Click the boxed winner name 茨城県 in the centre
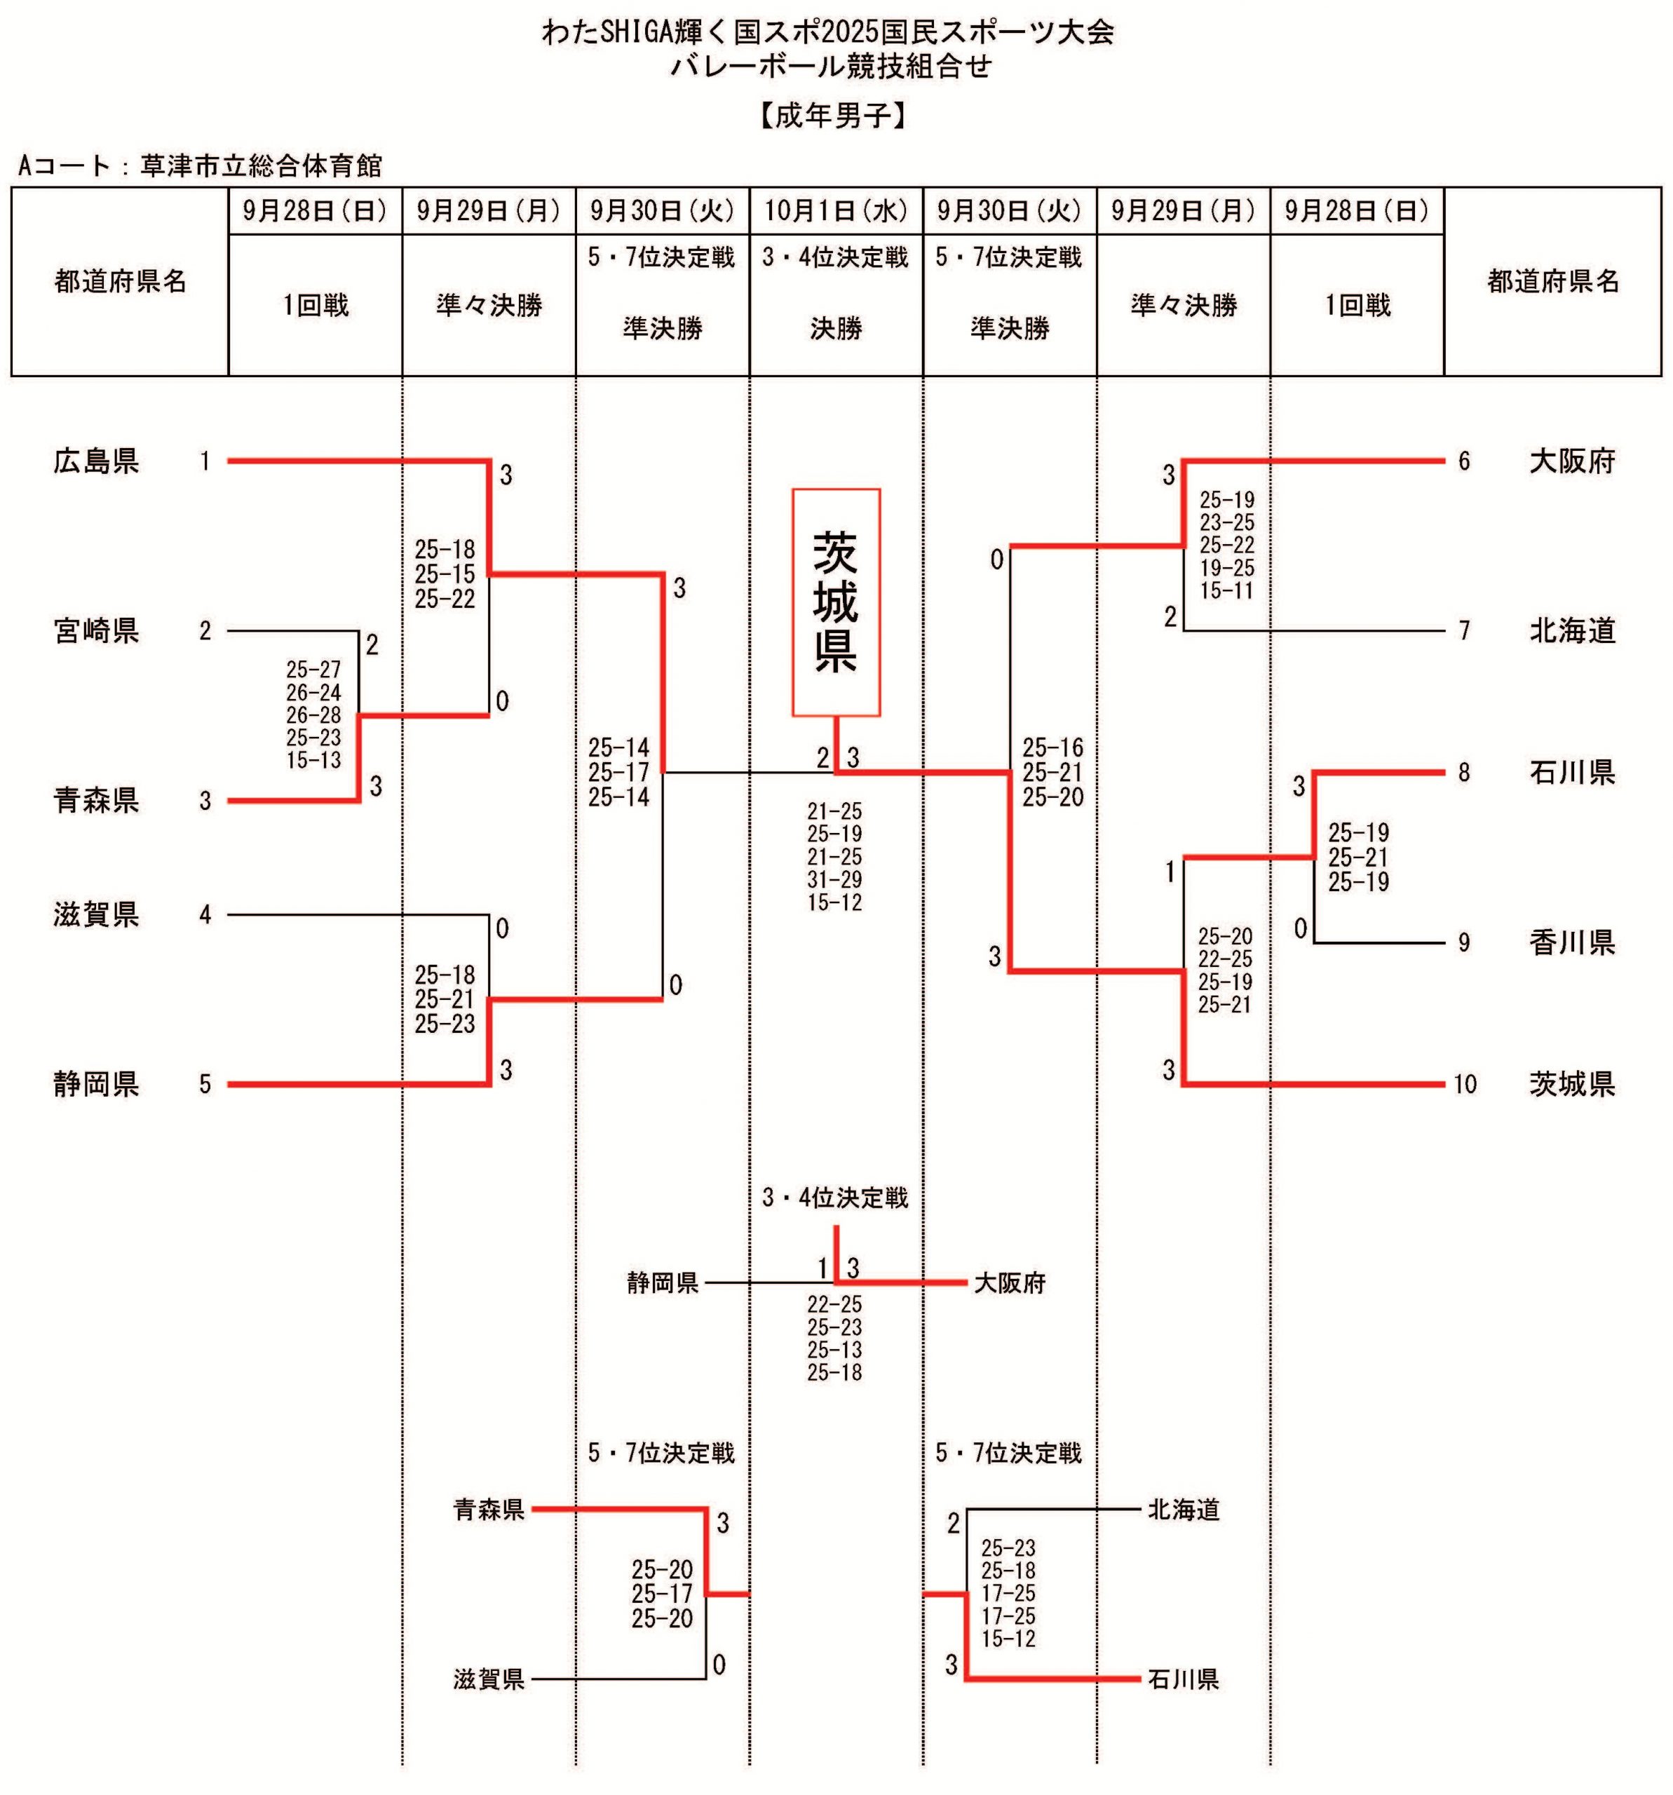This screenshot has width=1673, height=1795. (835, 602)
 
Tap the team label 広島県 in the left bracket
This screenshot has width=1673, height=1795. (95, 461)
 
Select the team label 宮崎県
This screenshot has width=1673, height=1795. (95, 630)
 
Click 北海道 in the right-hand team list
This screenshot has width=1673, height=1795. (1571, 630)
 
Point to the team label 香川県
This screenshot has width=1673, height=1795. (1571, 942)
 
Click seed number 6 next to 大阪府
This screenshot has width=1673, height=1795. (1463, 461)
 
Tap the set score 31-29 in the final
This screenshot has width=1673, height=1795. (834, 879)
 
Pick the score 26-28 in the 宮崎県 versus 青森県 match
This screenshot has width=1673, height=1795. (313, 715)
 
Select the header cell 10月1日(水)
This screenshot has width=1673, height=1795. (835, 211)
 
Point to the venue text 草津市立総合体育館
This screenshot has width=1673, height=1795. (261, 166)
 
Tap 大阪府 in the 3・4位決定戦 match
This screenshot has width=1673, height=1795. (1008, 1283)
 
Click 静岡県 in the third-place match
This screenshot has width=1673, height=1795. (663, 1283)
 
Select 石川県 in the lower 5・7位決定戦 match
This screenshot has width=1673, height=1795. (1183, 1679)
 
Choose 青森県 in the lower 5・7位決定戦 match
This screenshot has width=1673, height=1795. (489, 1509)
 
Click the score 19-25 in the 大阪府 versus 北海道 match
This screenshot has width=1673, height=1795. (1226, 568)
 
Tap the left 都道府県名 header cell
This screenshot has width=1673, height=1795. (120, 282)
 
